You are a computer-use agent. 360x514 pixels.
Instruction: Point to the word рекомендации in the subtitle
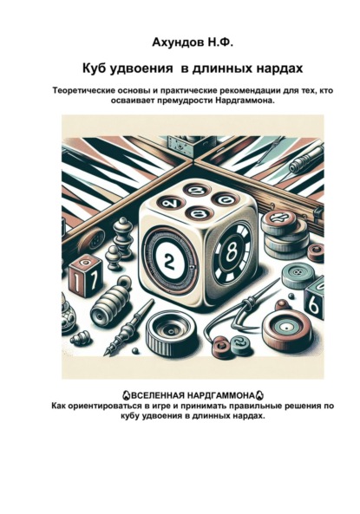pyautogui.click(x=215, y=91)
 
